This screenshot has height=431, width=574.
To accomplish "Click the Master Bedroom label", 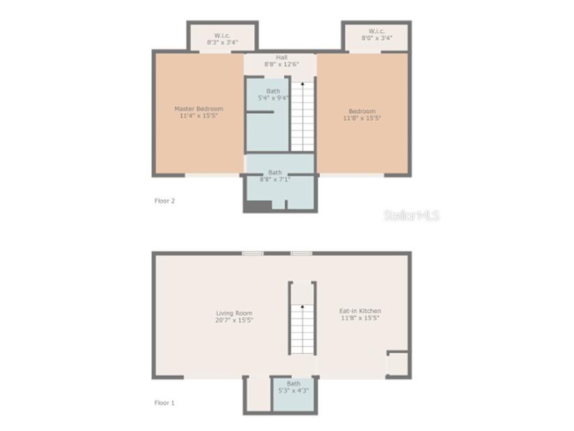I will click(x=199, y=108).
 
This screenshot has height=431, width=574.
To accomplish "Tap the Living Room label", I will click(x=234, y=313).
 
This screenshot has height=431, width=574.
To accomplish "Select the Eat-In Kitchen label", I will click(x=360, y=311).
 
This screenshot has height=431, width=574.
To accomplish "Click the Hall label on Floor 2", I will click(x=281, y=57).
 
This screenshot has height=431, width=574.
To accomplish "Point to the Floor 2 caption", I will click(x=165, y=200).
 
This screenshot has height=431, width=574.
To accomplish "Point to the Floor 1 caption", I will click(x=165, y=402).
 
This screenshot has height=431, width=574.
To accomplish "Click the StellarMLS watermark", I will click(x=411, y=215).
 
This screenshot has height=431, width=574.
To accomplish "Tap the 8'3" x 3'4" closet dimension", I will click(x=222, y=43).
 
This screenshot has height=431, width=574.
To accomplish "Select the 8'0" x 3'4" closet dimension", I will click(x=376, y=38).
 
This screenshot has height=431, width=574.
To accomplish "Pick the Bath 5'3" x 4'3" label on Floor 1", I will click(x=293, y=386).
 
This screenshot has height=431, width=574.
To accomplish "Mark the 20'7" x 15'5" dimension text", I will click(x=234, y=320).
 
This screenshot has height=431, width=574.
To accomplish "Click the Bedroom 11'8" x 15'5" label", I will click(x=362, y=115).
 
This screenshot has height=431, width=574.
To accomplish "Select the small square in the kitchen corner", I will click(x=397, y=363).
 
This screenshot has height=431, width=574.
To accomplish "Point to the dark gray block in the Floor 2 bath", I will click(x=258, y=206).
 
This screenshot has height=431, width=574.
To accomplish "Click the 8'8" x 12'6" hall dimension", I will click(x=281, y=64).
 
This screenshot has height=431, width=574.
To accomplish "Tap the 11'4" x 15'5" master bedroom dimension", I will click(x=199, y=115).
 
